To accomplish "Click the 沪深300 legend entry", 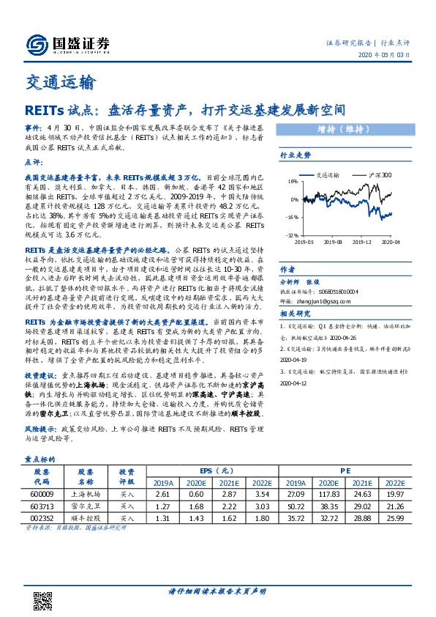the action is (x=377, y=176).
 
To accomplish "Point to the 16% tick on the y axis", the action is (x=293, y=182).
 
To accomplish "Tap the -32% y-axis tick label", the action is (x=292, y=235).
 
